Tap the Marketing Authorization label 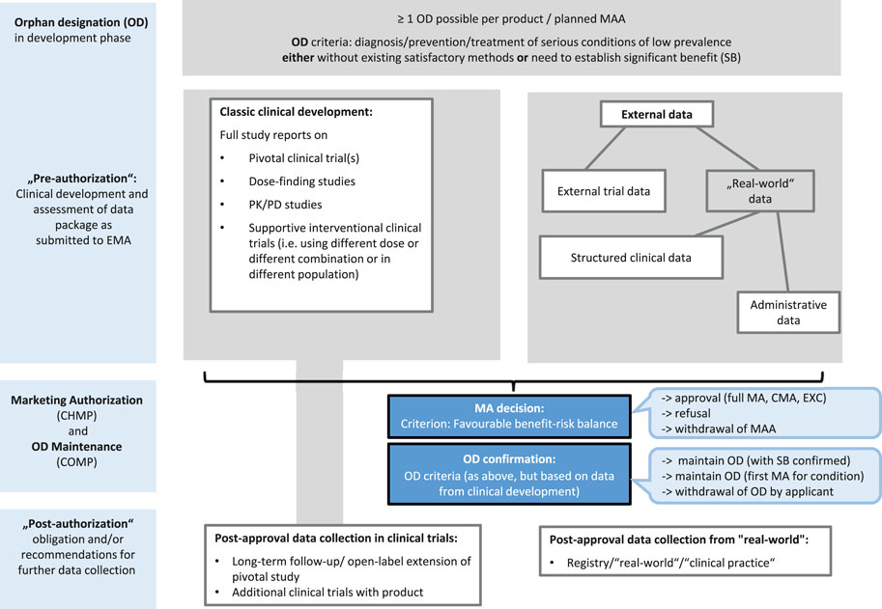pyautogui.click(x=75, y=401)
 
